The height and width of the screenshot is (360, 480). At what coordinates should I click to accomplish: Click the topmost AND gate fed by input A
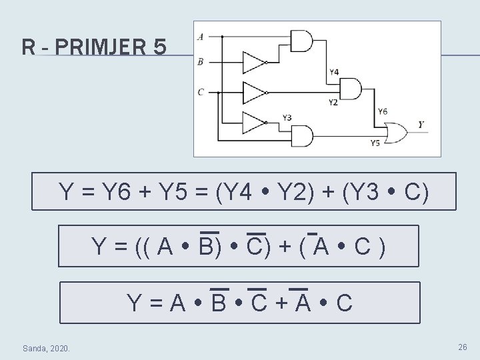coord(301,41)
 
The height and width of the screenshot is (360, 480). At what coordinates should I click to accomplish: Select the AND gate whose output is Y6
coord(349,88)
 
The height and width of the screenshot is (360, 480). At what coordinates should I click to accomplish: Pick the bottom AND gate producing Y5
coord(301,137)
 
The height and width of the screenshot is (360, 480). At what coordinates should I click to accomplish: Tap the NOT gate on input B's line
coord(254,62)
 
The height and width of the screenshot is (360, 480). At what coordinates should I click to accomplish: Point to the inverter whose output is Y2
coord(254,92)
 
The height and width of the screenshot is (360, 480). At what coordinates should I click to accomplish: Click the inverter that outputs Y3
coord(254,122)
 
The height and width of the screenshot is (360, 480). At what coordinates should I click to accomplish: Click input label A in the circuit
coord(200,37)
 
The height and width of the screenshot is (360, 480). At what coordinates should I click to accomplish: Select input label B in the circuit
coord(200,62)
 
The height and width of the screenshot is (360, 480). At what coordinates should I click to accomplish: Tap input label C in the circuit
coord(200,92)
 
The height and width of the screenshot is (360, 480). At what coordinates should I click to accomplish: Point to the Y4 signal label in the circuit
coord(333,71)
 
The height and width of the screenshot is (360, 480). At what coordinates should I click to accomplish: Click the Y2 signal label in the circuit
coord(333,102)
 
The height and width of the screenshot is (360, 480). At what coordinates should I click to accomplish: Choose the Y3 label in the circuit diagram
coord(287,118)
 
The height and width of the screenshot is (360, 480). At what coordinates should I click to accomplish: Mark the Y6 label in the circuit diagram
coord(382,112)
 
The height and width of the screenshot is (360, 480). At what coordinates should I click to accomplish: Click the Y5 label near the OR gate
coord(375,143)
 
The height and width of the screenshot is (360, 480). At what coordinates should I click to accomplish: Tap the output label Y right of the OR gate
coord(421,125)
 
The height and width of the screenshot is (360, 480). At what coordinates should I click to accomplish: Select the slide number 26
coord(462,347)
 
